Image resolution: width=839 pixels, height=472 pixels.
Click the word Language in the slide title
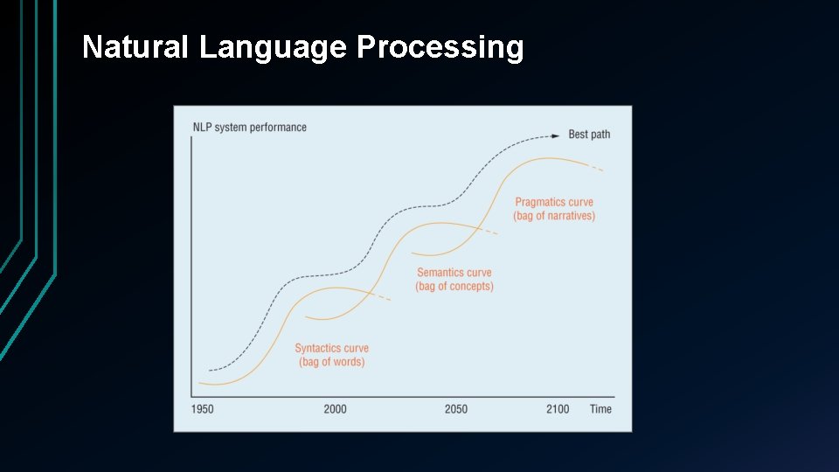(x=273, y=47)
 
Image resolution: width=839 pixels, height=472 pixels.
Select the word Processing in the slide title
(x=440, y=47)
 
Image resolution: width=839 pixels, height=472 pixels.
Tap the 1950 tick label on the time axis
(x=202, y=409)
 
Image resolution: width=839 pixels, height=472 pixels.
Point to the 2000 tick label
(x=335, y=409)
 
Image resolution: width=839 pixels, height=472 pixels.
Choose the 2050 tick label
(x=455, y=409)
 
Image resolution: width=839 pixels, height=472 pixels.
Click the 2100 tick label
(x=558, y=409)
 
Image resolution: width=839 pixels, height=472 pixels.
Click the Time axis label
(x=600, y=409)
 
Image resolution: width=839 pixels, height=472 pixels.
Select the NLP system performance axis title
(x=249, y=128)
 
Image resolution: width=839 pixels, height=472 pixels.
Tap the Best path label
(x=589, y=135)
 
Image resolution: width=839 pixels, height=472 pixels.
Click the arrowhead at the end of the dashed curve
(x=556, y=135)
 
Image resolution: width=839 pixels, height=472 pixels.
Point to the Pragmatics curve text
(x=554, y=202)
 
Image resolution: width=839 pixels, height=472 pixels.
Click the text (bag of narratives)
(x=554, y=216)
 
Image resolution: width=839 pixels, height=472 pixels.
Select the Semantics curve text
(x=454, y=273)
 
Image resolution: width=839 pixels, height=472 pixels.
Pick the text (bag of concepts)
(x=454, y=287)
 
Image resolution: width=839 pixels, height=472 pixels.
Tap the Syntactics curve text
(x=331, y=348)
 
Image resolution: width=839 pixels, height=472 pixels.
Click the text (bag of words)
(x=331, y=362)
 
